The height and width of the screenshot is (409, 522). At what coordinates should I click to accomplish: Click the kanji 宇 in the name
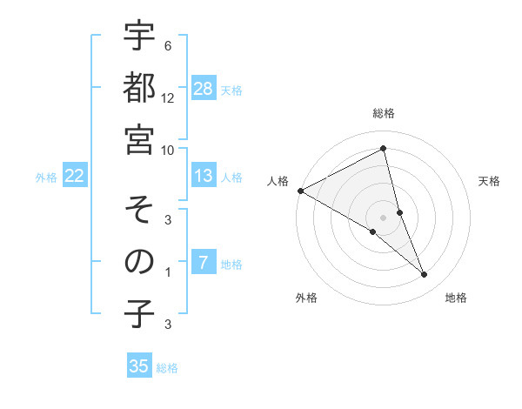point(139,37)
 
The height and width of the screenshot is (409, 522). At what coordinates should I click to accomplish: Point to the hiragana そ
point(139,209)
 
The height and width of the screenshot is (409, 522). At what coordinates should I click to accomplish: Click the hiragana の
point(139,261)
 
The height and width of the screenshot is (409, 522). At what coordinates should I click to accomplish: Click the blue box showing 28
point(204,88)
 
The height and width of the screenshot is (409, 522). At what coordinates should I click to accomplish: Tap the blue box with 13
point(204,176)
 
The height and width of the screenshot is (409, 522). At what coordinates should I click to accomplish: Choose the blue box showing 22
point(75,176)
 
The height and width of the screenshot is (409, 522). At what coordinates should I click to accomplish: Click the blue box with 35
point(139,366)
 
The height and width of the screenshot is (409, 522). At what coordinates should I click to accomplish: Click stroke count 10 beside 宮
point(169,150)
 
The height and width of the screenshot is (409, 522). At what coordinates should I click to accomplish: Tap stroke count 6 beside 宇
point(168,45)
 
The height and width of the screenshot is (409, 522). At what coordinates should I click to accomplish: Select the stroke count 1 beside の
point(168,272)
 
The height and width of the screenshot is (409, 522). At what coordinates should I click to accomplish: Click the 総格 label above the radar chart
point(383,113)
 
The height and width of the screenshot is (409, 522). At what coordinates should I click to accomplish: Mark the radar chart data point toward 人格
point(300,191)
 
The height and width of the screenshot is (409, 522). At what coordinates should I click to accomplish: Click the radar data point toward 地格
point(425,275)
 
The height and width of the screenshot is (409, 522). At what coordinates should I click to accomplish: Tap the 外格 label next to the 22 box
point(46,177)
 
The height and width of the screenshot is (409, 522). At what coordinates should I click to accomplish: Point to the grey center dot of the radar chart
point(383,217)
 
